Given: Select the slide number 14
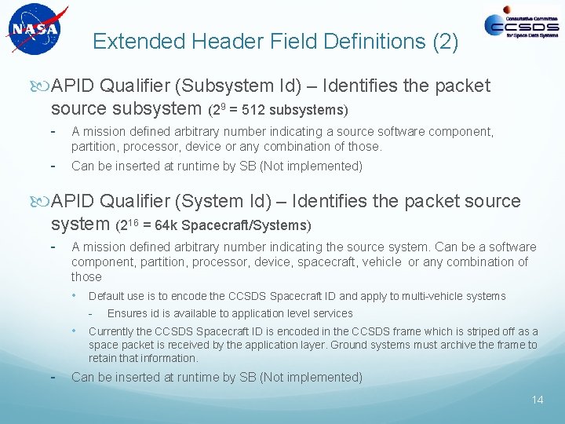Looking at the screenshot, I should [x=537, y=400].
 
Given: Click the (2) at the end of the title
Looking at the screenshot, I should [x=445, y=42].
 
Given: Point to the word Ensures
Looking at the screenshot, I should [x=127, y=313].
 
